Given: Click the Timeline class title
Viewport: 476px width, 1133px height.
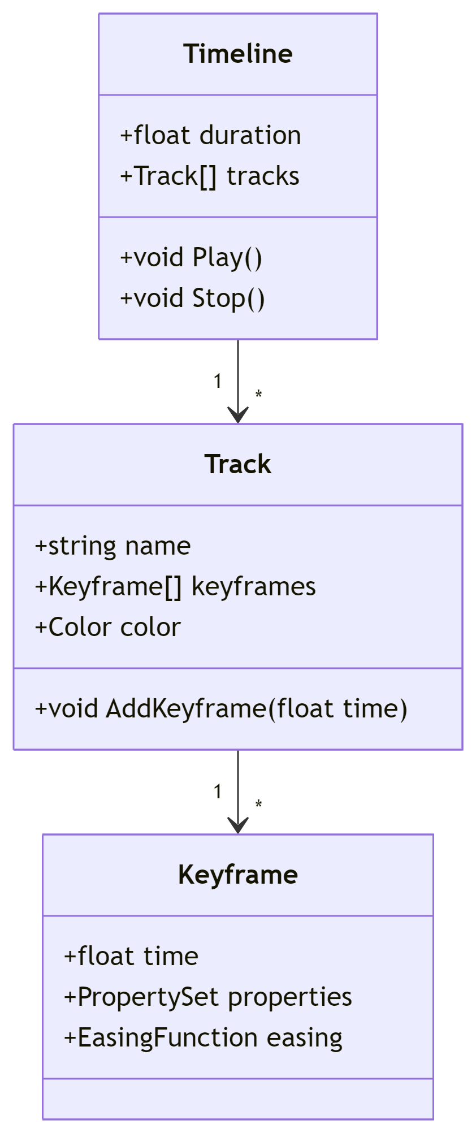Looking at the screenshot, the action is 238,54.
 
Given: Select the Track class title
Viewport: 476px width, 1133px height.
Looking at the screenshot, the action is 238,464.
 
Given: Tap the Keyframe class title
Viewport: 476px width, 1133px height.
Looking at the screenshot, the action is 238,875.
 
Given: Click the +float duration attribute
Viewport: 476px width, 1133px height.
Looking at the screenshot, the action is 210,136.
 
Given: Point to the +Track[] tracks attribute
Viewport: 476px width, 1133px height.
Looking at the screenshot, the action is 210,176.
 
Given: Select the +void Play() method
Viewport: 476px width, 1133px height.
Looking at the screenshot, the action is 191,258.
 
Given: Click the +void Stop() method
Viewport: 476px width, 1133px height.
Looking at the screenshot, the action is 192,299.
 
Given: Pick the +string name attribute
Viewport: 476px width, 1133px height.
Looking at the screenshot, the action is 113,546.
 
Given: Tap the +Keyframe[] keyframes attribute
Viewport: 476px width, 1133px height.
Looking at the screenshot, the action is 175,587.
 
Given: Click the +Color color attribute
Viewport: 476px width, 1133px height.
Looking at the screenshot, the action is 108,628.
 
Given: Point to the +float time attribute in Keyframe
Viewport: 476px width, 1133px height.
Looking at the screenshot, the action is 131,957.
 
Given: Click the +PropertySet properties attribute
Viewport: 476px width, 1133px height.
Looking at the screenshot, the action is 208,997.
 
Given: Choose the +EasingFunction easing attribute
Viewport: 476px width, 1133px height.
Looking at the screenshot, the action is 204,1038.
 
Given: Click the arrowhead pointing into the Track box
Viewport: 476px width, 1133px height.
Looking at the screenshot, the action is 238,416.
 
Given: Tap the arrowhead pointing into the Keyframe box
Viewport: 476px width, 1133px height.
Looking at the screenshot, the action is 238,826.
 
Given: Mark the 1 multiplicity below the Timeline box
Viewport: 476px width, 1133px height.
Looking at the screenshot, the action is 218,382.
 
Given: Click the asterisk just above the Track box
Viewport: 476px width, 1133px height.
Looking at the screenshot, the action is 258,393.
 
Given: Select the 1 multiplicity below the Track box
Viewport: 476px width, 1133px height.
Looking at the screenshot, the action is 218,792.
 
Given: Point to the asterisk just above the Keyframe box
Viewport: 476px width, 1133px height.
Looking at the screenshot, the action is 258,803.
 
